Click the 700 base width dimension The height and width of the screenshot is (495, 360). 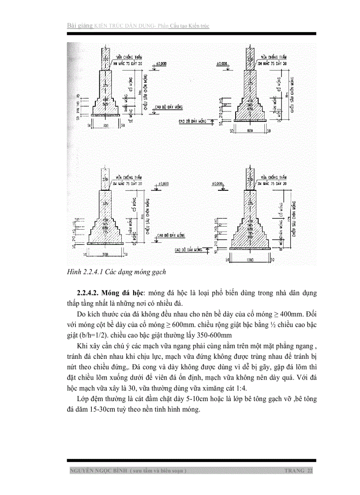coord(105,126)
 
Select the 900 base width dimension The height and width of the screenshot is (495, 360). coord(105,254)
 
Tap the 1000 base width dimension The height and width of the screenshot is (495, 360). coord(250,261)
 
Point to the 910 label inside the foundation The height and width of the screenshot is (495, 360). coord(250,237)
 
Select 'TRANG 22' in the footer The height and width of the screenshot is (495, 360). coord(299,471)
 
